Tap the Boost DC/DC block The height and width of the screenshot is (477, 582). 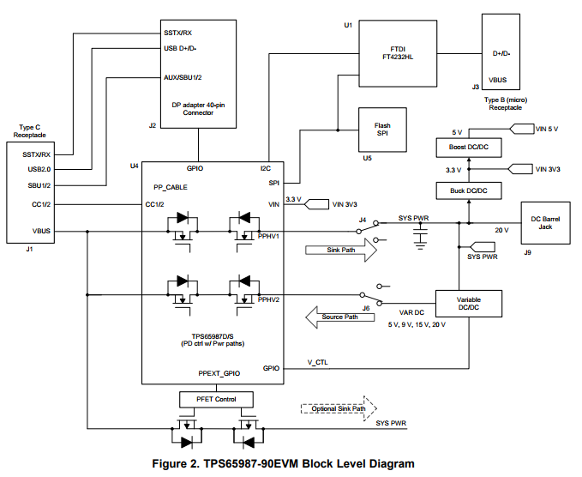468,147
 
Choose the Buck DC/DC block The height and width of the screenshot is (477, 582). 468,190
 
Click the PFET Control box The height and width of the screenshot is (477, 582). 215,399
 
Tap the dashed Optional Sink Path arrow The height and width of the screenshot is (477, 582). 335,408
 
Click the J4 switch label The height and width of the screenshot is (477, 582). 363,220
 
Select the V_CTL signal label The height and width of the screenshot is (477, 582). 316,362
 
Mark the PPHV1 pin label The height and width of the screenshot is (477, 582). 270,234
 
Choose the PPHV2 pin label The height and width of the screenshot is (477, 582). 270,299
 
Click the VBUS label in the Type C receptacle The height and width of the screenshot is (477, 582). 40,232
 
